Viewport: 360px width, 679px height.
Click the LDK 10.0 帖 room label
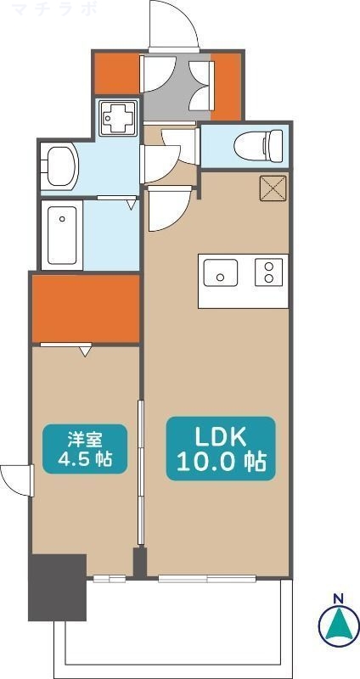220,449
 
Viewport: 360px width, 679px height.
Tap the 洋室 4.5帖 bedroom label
85,449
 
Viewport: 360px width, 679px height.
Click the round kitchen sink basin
222,275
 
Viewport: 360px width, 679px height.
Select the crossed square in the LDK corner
273,190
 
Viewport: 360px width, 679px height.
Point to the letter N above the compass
338,599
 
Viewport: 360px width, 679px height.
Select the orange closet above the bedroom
85,307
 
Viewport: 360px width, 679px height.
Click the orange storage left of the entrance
115,74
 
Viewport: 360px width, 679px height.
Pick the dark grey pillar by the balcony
58,586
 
